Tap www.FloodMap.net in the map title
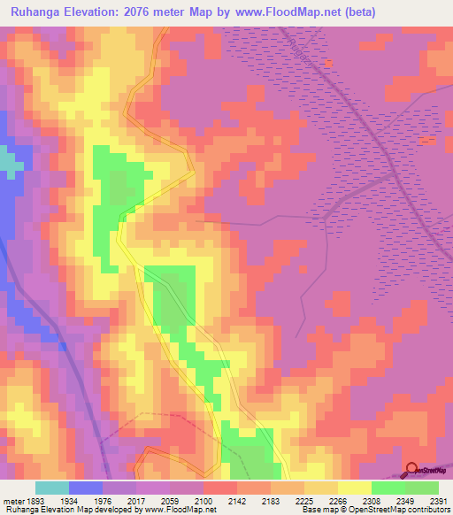tap(293, 12)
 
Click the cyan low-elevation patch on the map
tap(11, 162)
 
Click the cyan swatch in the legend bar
tap(52, 488)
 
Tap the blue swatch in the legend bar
tap(86, 488)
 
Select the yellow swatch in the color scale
tap(355, 488)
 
